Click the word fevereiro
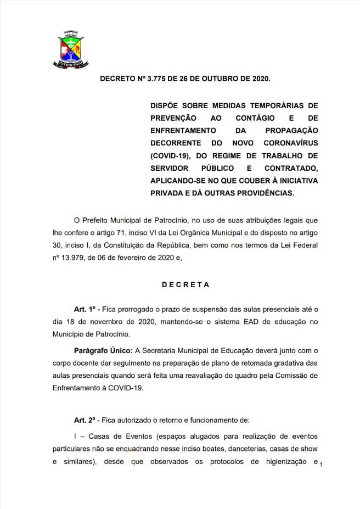pyautogui.click(x=168, y=258)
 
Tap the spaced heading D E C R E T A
pyautogui.click(x=185, y=284)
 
